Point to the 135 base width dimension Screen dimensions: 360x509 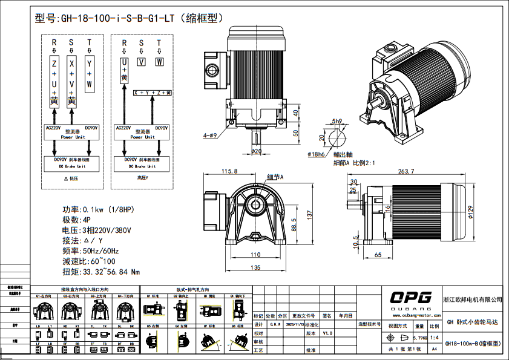click(x=256, y=266)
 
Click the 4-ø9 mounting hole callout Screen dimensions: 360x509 click(x=210, y=136)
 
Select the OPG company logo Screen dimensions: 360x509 click(x=410, y=297)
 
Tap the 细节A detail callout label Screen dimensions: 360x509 click(x=275, y=177)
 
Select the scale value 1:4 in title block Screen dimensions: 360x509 click(x=434, y=338)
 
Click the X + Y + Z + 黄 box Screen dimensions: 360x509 click(x=153, y=93)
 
